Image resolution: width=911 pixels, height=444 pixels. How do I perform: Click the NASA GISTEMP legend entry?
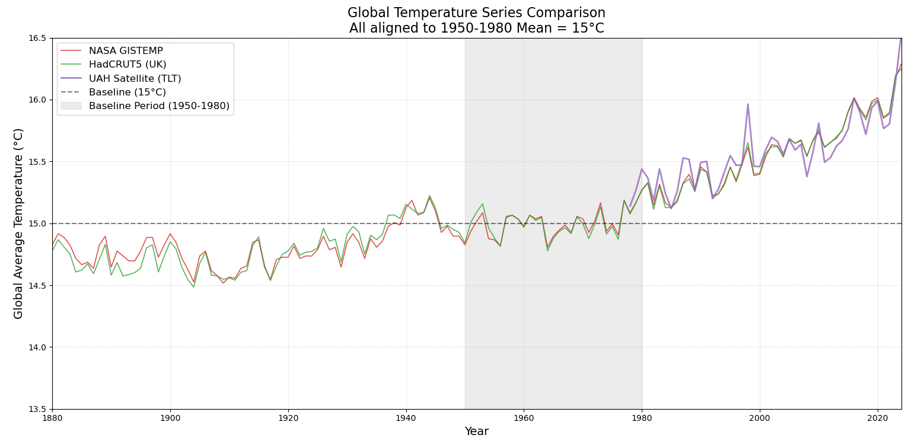click(126, 51)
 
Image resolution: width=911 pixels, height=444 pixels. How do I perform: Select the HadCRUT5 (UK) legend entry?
click(128, 65)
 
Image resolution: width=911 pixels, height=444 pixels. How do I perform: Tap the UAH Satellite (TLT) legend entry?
click(135, 78)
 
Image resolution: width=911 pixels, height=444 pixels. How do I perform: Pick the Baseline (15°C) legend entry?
click(127, 92)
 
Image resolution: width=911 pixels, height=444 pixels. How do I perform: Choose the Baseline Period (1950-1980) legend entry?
click(159, 106)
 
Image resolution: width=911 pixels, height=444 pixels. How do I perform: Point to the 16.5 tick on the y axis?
click(38, 38)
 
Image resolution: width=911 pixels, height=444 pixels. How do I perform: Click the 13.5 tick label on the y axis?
click(38, 409)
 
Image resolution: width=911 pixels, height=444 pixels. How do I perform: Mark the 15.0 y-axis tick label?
click(38, 223)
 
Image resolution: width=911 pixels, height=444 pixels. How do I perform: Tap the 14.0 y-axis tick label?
click(38, 347)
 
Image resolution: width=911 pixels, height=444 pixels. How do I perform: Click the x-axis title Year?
click(476, 432)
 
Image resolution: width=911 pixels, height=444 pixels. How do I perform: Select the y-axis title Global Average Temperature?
click(18, 223)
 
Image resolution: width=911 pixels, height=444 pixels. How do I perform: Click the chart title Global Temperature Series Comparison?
click(476, 13)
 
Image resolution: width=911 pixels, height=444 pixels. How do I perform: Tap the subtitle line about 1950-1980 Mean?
click(476, 28)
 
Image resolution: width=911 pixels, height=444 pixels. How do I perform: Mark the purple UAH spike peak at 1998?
click(748, 104)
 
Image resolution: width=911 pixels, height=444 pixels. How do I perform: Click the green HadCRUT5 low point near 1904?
click(193, 287)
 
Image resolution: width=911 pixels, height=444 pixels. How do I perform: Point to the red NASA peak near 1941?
click(412, 200)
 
